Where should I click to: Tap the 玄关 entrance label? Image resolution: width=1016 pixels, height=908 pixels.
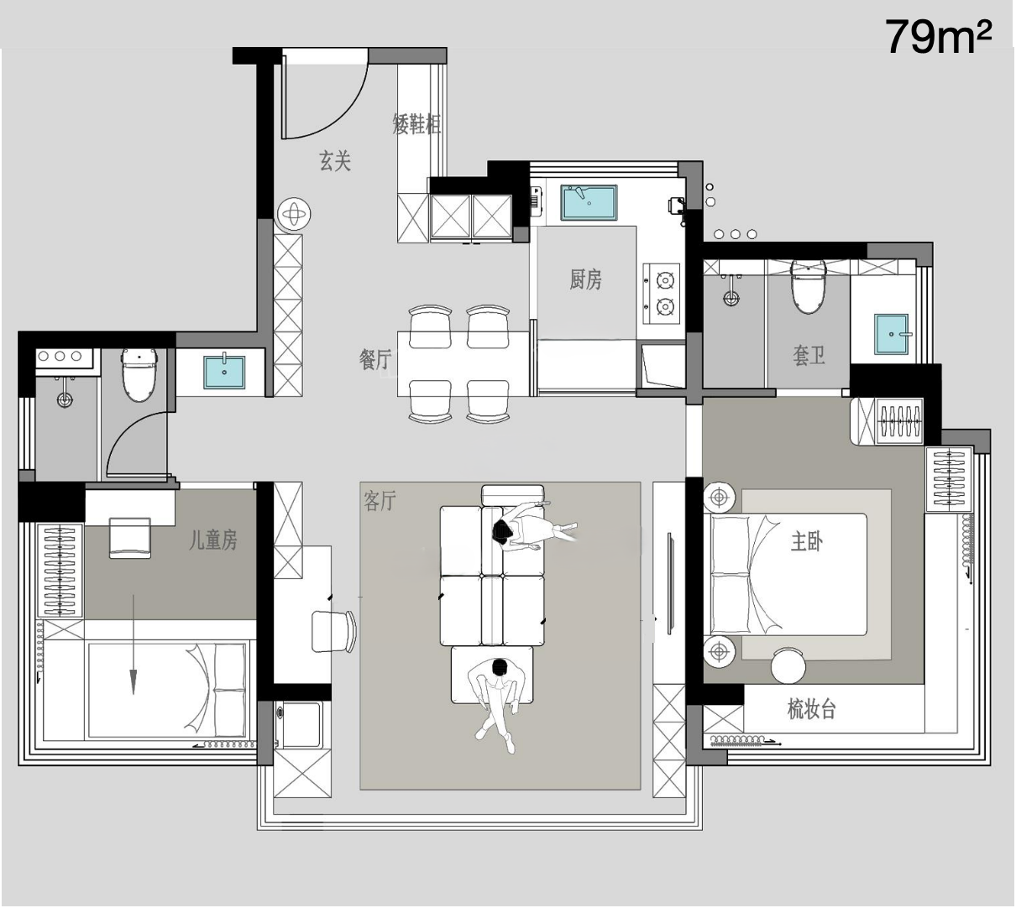pos(334,161)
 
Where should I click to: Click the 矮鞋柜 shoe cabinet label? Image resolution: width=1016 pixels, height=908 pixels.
pos(416,123)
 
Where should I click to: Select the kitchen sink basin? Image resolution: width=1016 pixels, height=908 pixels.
pos(589,202)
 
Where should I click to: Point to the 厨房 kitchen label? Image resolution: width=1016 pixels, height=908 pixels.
pos(585,279)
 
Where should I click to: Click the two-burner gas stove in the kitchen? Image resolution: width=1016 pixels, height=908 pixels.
pos(662,294)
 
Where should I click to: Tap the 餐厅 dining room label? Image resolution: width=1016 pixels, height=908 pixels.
pos(374,359)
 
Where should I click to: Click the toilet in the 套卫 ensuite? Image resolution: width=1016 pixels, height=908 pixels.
pos(809,286)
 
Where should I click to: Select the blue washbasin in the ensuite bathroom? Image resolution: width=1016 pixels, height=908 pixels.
pos(891,334)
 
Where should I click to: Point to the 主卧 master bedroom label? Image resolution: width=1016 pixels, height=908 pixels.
pos(807,541)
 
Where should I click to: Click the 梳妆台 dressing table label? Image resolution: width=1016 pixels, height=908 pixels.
pos(811,709)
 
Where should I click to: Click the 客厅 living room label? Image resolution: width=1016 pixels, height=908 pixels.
pos(380,501)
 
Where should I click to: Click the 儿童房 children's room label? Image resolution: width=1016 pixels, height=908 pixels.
pos(212,540)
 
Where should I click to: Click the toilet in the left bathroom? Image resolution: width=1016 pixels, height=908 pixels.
pos(139,375)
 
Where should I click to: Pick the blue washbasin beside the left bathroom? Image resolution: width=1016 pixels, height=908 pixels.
pos(224,372)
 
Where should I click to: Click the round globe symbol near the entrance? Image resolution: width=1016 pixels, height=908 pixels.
pos(294,215)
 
